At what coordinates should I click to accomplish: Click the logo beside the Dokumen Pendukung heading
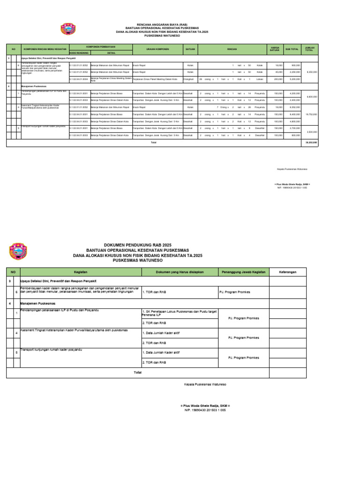(x=18, y=251)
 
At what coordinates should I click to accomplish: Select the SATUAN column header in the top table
(x=190, y=49)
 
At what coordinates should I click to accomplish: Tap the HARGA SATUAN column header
(x=275, y=49)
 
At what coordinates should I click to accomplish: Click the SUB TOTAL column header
(x=292, y=49)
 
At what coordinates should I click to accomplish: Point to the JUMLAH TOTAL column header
(x=309, y=49)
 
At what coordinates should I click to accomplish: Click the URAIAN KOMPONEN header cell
(x=157, y=49)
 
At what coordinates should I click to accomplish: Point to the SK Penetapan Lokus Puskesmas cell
(x=179, y=313)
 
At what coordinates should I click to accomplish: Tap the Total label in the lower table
(x=137, y=372)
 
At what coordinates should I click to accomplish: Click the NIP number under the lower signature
(x=205, y=410)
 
